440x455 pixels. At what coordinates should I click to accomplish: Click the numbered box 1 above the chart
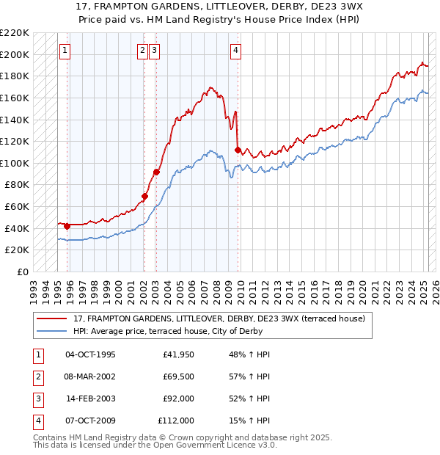(65, 51)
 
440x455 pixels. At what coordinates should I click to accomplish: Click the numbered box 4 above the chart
(235, 51)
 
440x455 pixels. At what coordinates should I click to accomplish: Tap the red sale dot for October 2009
(238, 150)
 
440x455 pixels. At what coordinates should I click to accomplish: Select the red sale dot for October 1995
(67, 226)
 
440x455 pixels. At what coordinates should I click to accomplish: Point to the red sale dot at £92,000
(156, 172)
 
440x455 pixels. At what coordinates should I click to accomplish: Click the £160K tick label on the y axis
(15, 98)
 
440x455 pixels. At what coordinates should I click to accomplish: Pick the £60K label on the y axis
(18, 207)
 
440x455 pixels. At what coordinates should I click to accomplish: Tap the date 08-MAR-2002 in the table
(90, 377)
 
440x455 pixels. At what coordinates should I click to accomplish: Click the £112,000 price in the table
(176, 421)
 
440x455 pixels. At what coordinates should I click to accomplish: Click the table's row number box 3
(37, 399)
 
